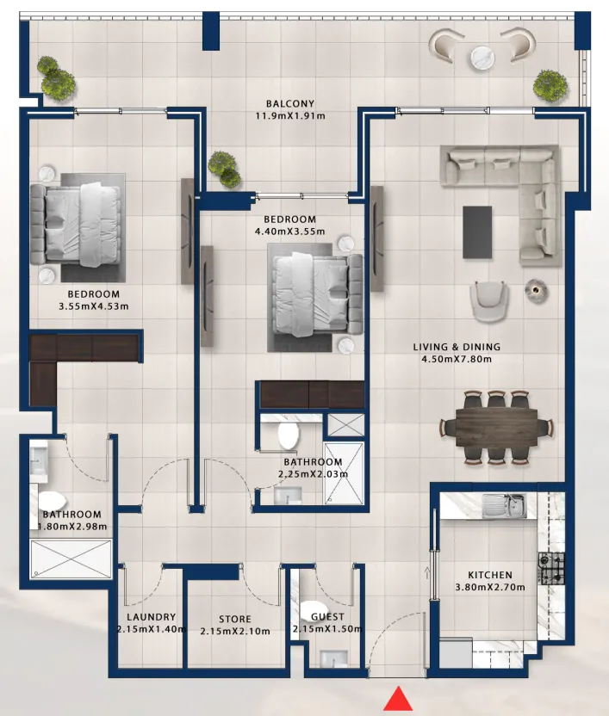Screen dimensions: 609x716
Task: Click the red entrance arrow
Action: tap(398, 699)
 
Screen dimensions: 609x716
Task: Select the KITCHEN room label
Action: tap(489, 575)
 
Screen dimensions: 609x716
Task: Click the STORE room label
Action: tap(235, 620)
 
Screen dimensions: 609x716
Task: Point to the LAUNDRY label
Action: tap(151, 617)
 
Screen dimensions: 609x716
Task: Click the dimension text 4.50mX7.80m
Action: tap(457, 359)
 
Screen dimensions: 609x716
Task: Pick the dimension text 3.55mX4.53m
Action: tap(93, 306)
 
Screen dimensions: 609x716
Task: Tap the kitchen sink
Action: tap(504, 505)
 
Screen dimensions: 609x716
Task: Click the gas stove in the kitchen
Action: tap(551, 569)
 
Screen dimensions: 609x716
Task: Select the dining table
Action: tap(496, 428)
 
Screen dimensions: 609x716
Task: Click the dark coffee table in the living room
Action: tap(477, 232)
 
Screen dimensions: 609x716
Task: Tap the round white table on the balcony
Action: tap(482, 58)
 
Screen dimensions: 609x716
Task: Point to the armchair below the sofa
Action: tap(488, 301)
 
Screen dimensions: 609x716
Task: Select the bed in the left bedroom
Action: tap(76, 225)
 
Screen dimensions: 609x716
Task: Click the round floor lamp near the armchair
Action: tap(537, 290)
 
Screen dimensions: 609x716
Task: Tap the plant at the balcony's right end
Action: tap(550, 85)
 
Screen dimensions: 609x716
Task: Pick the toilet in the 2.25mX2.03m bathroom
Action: tap(288, 435)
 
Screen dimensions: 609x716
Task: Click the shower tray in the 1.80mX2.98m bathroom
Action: tap(71, 559)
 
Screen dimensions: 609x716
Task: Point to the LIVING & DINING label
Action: tap(457, 347)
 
